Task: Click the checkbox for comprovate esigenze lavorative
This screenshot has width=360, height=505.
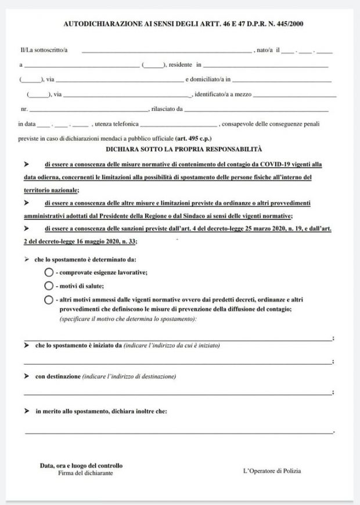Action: point(49,272)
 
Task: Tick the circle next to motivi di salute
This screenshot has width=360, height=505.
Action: point(49,286)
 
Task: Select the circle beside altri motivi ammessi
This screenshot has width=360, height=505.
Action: point(49,300)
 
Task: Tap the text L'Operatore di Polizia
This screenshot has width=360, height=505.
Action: point(272,471)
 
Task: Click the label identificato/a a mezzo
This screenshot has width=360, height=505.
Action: point(223,94)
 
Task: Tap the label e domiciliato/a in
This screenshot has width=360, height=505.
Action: point(208,80)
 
